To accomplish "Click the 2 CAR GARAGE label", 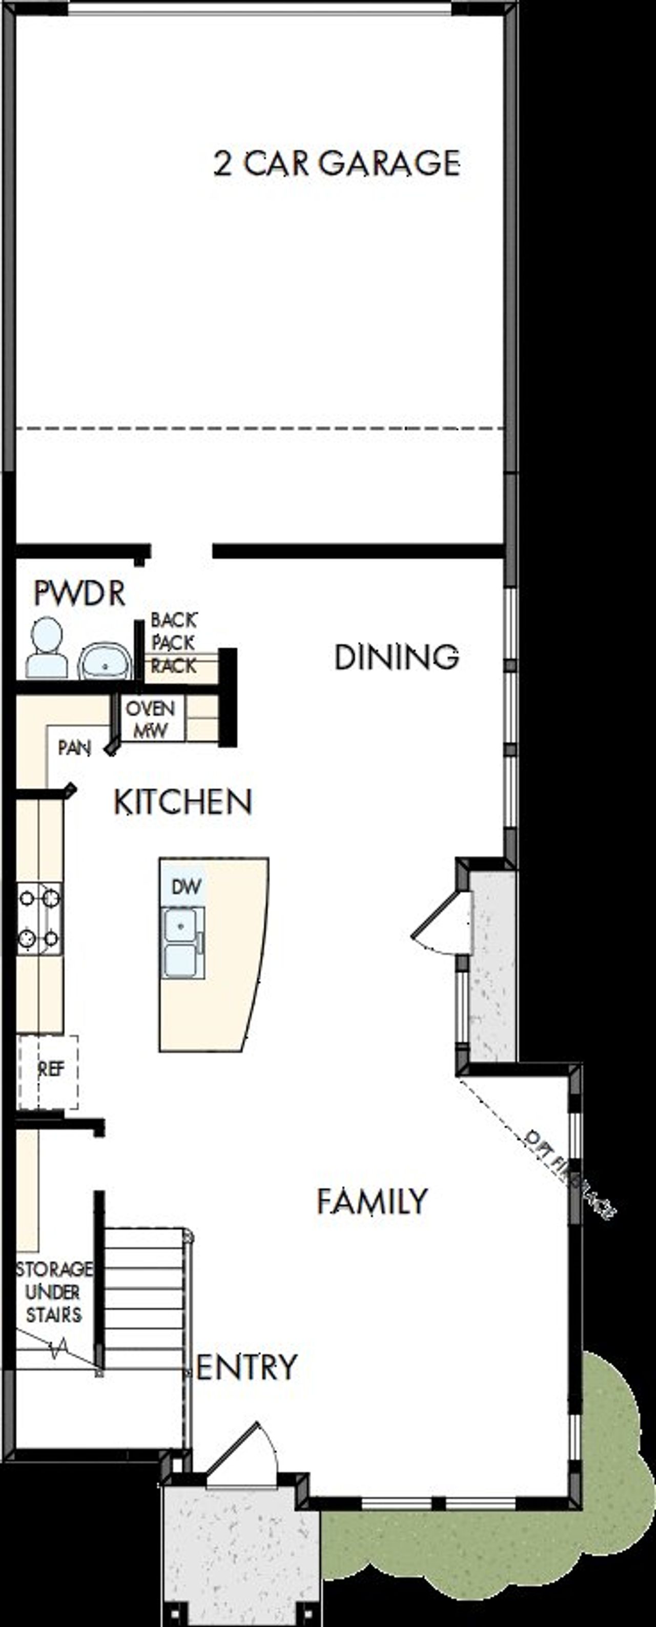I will click(337, 164).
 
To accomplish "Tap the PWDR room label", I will click(79, 593).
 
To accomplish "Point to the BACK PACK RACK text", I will click(174, 643).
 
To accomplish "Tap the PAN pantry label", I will click(74, 748).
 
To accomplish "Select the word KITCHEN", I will click(183, 802).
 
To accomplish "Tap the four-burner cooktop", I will click(39, 918).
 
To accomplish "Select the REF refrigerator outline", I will click(49, 1070).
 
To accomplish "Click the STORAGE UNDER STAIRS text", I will click(54, 1292).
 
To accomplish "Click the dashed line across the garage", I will click(259, 429).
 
